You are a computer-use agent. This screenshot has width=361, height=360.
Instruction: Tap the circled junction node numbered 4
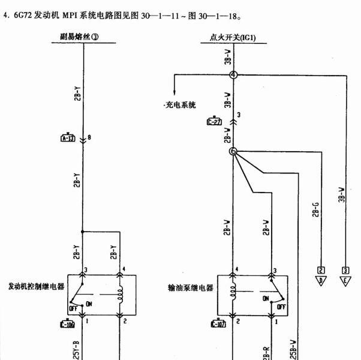click(x=233, y=74)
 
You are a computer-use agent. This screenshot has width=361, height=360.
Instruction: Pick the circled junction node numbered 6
click(x=233, y=151)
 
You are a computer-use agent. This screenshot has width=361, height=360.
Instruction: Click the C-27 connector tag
click(x=214, y=121)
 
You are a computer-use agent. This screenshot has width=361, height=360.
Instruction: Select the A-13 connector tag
click(x=68, y=138)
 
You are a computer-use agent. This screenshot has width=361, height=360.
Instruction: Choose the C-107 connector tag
click(x=217, y=325)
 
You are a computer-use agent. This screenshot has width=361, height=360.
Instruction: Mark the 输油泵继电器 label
click(x=190, y=287)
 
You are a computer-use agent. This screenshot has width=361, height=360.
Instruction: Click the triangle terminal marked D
click(x=321, y=278)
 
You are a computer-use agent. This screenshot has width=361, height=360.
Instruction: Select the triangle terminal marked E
click(x=345, y=278)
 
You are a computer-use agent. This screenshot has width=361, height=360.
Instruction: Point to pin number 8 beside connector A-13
click(x=89, y=138)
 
